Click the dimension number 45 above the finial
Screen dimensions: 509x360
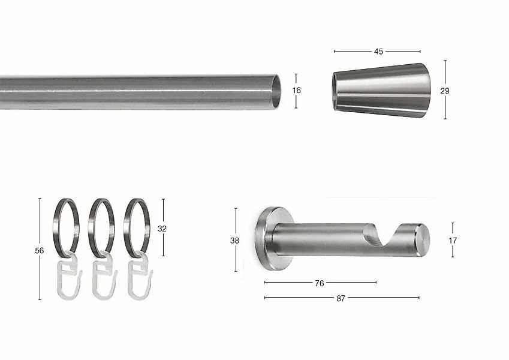click(378, 52)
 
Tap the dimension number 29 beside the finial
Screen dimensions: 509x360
click(445, 91)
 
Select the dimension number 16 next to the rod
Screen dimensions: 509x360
click(296, 91)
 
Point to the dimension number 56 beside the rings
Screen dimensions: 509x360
click(40, 251)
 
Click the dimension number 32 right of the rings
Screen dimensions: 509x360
click(162, 229)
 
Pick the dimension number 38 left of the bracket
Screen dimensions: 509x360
click(234, 241)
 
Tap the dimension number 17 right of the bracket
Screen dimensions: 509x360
click(453, 241)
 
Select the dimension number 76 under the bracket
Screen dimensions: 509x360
click(320, 283)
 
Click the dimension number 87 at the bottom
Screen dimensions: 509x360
click(341, 298)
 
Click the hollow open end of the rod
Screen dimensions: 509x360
click(275, 91)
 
